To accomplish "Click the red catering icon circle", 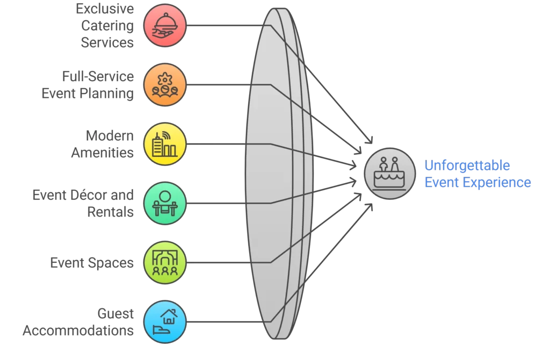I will [164, 25].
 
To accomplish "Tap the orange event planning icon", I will [164, 84].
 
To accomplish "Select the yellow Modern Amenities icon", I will [164, 144].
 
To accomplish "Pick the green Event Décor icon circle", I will [164, 203].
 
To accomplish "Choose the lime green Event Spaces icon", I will [164, 262].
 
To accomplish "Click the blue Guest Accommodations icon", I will [164, 321].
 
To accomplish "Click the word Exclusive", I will [105, 9].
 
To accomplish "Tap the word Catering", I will [107, 25].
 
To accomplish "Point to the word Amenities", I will [102, 153].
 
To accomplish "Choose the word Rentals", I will [110, 212].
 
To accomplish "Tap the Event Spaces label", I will [92, 263].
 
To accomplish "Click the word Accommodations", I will [78, 330].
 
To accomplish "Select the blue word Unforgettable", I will [467, 165].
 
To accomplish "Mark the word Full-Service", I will [97, 76].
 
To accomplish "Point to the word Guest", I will [115, 313].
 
